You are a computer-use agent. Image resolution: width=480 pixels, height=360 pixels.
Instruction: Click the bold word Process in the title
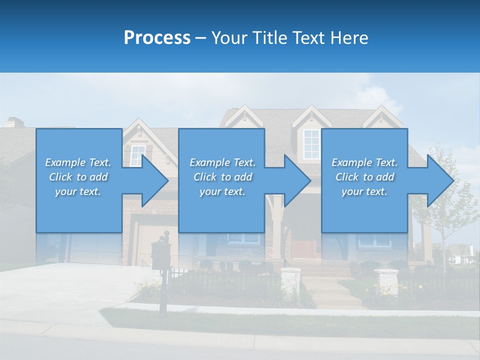pyautogui.click(x=157, y=38)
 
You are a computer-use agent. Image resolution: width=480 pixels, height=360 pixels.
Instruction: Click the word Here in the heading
pyautogui.click(x=349, y=38)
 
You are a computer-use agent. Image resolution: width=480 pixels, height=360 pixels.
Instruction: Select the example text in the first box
pyautogui.click(x=78, y=177)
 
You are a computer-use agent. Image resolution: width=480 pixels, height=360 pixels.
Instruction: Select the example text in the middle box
pyautogui.click(x=222, y=177)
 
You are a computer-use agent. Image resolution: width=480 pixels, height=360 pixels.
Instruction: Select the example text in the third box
pyautogui.click(x=364, y=177)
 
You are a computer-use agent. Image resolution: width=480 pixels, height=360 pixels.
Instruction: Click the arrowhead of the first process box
pyautogui.click(x=155, y=180)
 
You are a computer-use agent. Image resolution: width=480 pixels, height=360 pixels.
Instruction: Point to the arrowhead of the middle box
pyautogui.click(x=297, y=180)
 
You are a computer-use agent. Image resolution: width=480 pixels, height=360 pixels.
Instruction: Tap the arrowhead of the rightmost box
pyautogui.click(x=440, y=180)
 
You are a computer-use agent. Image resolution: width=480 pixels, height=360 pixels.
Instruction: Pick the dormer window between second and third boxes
pyautogui.click(x=311, y=143)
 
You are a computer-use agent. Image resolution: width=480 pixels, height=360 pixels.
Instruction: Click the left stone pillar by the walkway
pyautogui.click(x=290, y=280)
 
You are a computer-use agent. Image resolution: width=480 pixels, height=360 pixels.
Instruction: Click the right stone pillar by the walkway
pyautogui.click(x=385, y=281)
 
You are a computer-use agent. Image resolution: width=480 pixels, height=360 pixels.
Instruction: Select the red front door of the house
pyautogui.click(x=303, y=247)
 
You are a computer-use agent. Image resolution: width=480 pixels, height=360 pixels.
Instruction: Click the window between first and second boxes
pyautogui.click(x=136, y=155)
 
